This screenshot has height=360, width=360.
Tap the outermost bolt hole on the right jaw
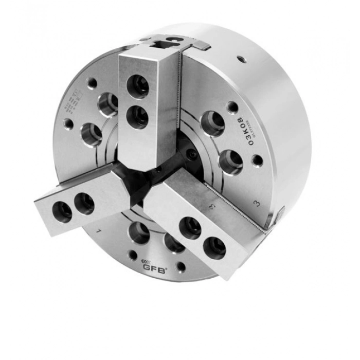point(214,247)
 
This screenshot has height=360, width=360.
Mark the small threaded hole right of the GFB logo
point(181,267)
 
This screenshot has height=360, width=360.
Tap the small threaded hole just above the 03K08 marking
point(233,107)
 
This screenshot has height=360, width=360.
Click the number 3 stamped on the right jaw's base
point(212,207)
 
